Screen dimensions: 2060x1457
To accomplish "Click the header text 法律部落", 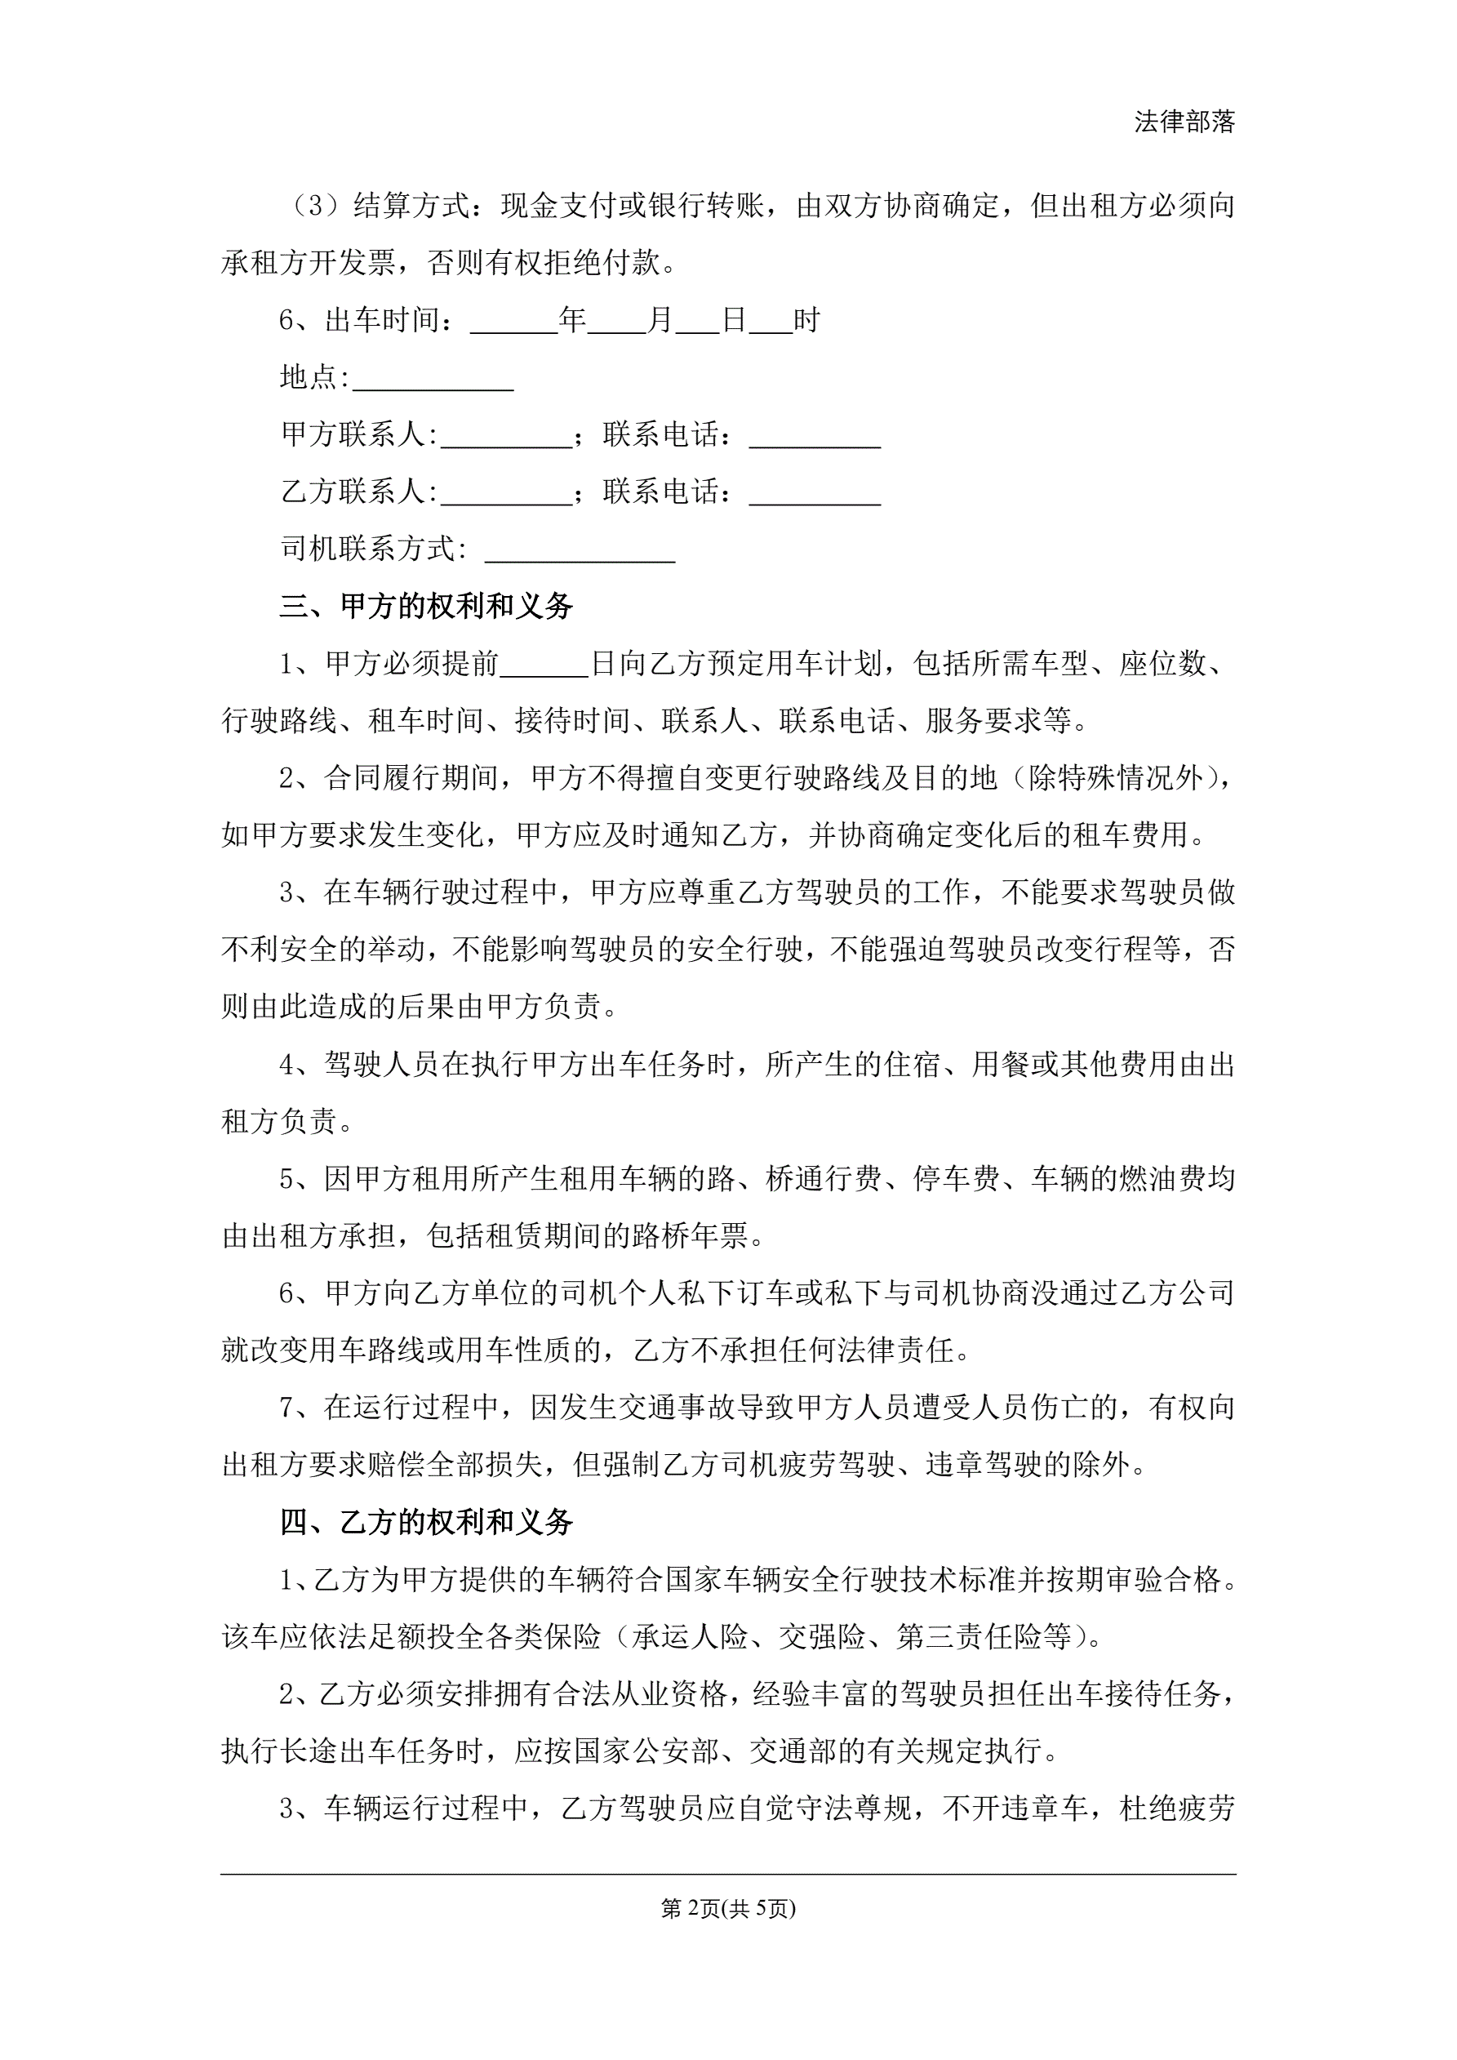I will pos(1184,122).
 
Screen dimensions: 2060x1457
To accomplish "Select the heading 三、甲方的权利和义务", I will pos(425,607).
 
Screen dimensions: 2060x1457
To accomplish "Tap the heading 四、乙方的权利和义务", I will pos(425,1523).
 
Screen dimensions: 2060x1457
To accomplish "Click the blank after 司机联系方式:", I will pos(580,551).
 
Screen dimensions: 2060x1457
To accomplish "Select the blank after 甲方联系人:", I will pos(506,437).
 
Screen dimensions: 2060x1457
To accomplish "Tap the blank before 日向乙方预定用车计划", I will pos(544,665).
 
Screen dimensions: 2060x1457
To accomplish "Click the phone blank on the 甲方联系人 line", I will pos(815,437).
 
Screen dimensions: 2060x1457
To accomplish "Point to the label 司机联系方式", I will pos(369,549).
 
